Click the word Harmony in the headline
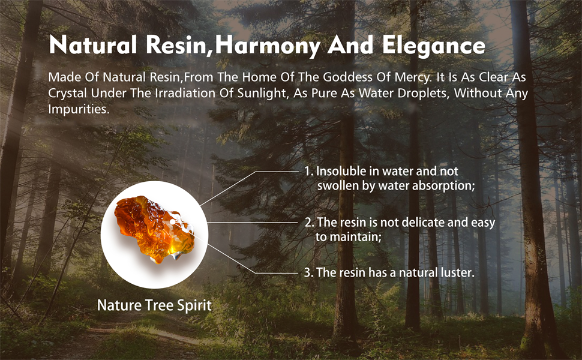[x=267, y=46]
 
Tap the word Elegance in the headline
[x=434, y=46]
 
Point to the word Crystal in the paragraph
[x=68, y=94]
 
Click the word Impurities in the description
[x=79, y=109]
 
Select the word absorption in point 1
[x=443, y=185]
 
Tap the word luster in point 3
[x=458, y=273]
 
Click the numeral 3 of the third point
[x=308, y=273]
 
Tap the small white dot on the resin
[x=172, y=222]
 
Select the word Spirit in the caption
[x=194, y=305]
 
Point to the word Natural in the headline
[x=93, y=45]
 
